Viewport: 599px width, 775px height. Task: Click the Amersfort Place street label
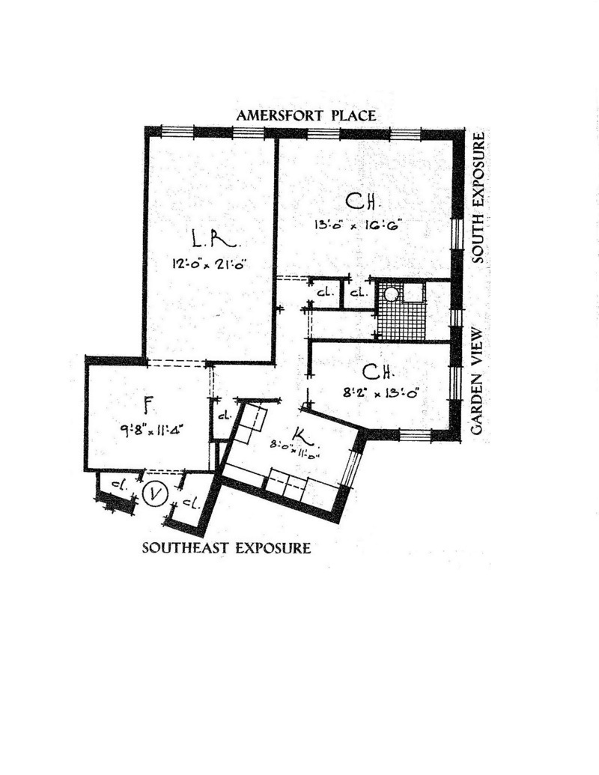(305, 116)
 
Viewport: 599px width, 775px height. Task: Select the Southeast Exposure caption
(226, 548)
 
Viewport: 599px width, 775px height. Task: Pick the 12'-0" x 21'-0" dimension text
(209, 263)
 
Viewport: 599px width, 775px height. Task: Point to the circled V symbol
(153, 494)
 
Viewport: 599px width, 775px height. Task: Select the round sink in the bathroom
(391, 294)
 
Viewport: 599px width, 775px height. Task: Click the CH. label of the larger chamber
(365, 201)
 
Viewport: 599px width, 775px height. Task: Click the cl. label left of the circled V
(118, 485)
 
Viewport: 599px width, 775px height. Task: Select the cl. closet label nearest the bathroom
(356, 293)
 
